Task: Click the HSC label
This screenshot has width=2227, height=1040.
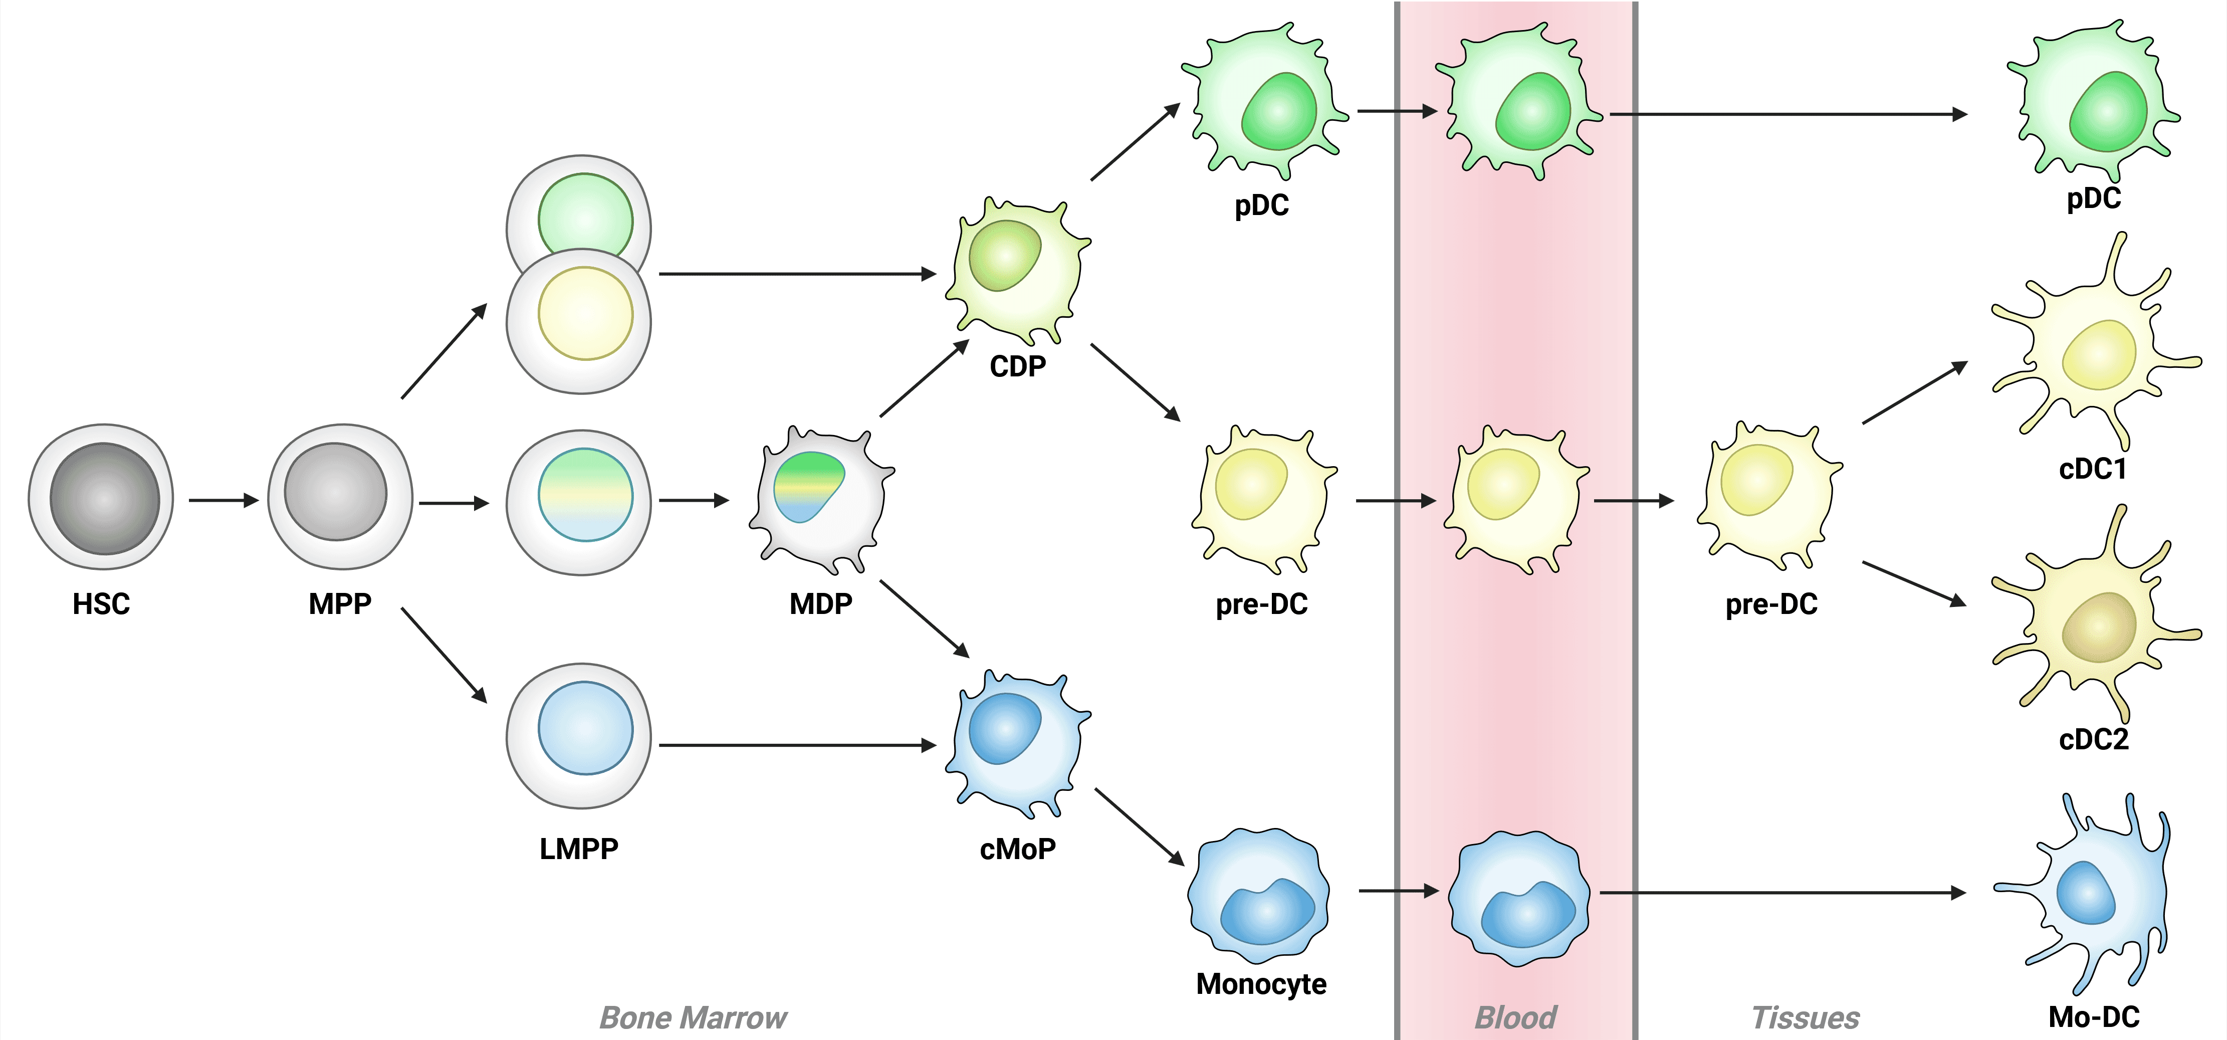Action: coord(101,603)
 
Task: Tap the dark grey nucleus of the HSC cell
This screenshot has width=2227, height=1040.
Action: coord(105,499)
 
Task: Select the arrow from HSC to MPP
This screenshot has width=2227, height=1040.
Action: coord(223,500)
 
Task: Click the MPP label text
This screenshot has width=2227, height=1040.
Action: coord(340,603)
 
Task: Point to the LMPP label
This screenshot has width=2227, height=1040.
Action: coord(578,849)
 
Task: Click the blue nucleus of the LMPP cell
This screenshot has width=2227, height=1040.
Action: coord(585,728)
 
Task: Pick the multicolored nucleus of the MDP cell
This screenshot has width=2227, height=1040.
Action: coord(807,485)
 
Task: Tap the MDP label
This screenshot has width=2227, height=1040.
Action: coord(820,603)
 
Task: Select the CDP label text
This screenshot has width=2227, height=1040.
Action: coord(1018,366)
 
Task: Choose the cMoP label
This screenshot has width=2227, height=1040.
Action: coord(1018,849)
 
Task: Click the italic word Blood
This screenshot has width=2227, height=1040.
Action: coord(1515,1017)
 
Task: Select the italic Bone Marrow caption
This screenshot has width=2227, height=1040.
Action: coord(693,1017)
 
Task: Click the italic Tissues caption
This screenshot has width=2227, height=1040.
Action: coord(1805,1017)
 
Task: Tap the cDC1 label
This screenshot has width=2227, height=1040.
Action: coord(2092,469)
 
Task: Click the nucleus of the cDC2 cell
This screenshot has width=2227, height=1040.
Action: coord(2099,626)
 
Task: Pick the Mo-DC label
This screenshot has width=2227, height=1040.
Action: coord(2093,1016)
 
